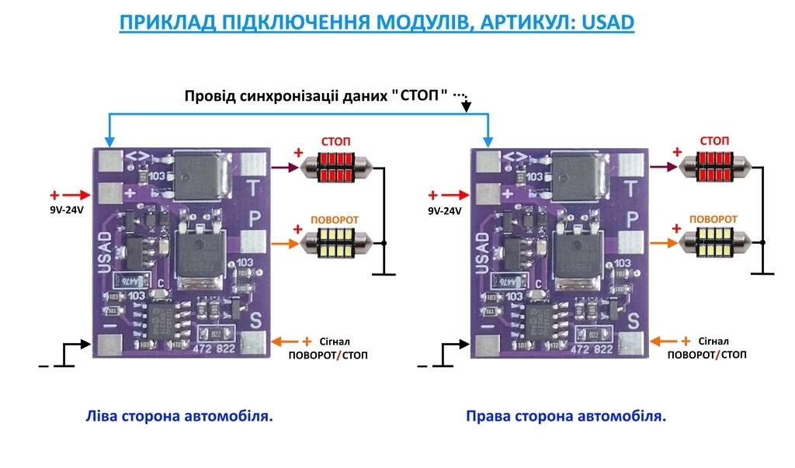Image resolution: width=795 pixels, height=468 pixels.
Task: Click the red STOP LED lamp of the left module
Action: click(336, 165)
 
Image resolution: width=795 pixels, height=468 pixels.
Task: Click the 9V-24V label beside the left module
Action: click(62, 210)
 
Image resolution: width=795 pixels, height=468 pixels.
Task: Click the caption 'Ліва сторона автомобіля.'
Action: click(179, 417)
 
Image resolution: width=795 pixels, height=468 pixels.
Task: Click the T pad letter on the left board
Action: click(253, 188)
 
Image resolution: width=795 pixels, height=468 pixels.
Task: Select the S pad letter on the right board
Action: click(633, 319)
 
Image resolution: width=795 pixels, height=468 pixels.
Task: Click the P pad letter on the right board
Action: click(633, 220)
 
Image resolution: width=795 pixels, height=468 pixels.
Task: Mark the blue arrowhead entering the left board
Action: click(109, 142)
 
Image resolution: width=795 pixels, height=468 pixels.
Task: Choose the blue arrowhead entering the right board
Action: click(488, 142)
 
